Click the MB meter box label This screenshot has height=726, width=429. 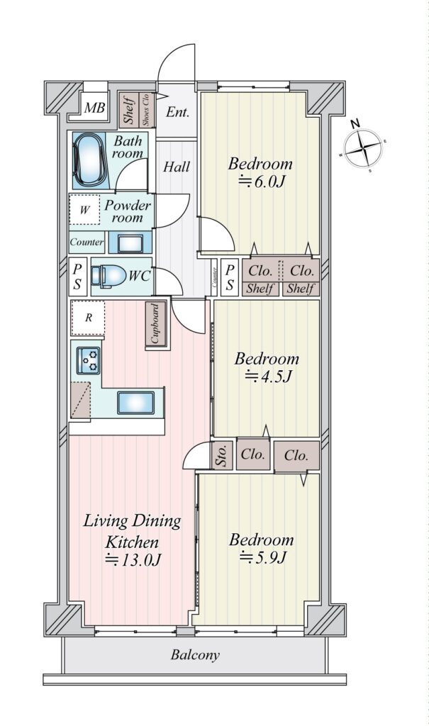tap(94, 108)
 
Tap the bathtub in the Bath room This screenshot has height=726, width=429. tap(89, 160)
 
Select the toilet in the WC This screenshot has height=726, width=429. tap(108, 277)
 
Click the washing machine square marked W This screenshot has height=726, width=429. tap(84, 210)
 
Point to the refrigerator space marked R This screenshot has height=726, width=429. tap(87, 318)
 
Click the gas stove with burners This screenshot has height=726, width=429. tap(89, 359)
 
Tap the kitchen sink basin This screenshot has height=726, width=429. tap(135, 403)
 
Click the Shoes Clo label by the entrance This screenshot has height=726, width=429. tap(146, 110)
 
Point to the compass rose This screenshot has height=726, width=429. tap(364, 147)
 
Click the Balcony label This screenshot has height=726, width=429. tap(195, 655)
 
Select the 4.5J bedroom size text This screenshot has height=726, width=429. tap(267, 376)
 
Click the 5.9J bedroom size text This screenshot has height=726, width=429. tap(262, 557)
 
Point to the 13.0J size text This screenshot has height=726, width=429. tap(133, 560)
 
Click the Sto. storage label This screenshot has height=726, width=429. tap(223, 456)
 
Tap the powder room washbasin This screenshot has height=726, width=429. tap(130, 243)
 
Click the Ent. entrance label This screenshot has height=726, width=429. tap(177, 111)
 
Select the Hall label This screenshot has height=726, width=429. tap(177, 167)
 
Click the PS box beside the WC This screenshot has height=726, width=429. tap(77, 277)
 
